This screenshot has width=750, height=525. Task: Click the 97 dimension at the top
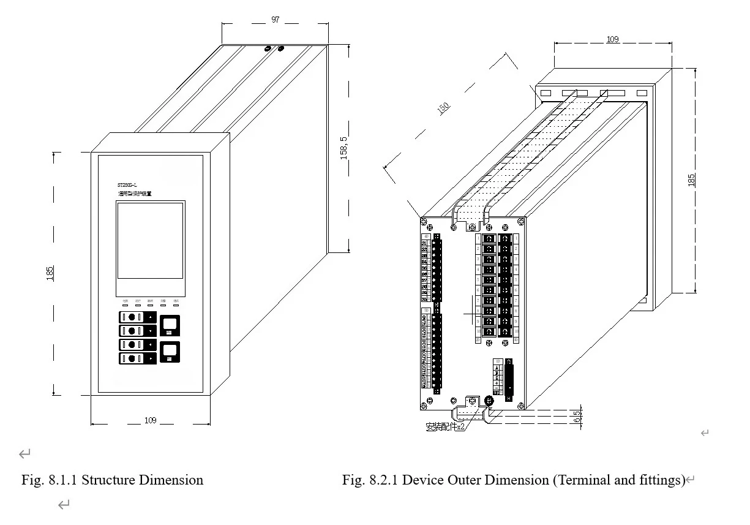coord(276,20)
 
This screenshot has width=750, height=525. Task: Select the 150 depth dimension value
coord(443,107)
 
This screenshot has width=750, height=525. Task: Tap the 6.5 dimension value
coord(577,417)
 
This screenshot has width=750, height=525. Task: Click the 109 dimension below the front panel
coord(150,420)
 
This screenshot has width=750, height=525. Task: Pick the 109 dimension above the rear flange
coord(612,39)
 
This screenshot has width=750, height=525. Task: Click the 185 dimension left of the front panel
coord(50,273)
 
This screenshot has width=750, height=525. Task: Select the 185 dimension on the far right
coord(691,180)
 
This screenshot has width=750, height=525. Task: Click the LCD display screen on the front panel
coord(150,240)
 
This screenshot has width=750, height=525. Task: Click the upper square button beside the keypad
coord(170,325)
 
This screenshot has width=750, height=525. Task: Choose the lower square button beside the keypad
coord(170,352)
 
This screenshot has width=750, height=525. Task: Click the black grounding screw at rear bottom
coord(489,400)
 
